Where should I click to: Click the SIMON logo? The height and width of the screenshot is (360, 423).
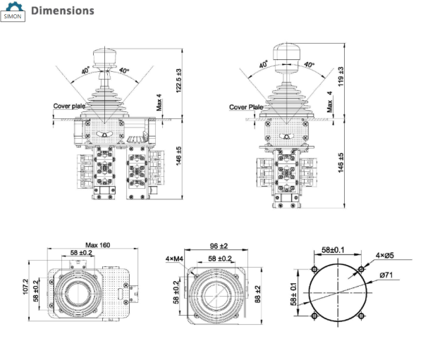[13, 11]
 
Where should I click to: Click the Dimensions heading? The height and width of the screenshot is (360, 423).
[63, 11]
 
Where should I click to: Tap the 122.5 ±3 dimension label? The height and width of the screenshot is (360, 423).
[179, 80]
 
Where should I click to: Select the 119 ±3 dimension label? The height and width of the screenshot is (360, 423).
[341, 77]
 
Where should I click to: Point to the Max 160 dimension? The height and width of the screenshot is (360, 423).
[98, 245]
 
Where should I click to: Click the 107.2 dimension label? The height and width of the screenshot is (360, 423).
[25, 287]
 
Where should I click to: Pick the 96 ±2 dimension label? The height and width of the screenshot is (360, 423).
[219, 246]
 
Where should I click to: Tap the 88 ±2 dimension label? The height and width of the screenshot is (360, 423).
[257, 294]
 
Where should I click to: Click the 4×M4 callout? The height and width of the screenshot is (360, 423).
[174, 259]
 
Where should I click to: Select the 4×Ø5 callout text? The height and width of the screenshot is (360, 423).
[385, 255]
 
